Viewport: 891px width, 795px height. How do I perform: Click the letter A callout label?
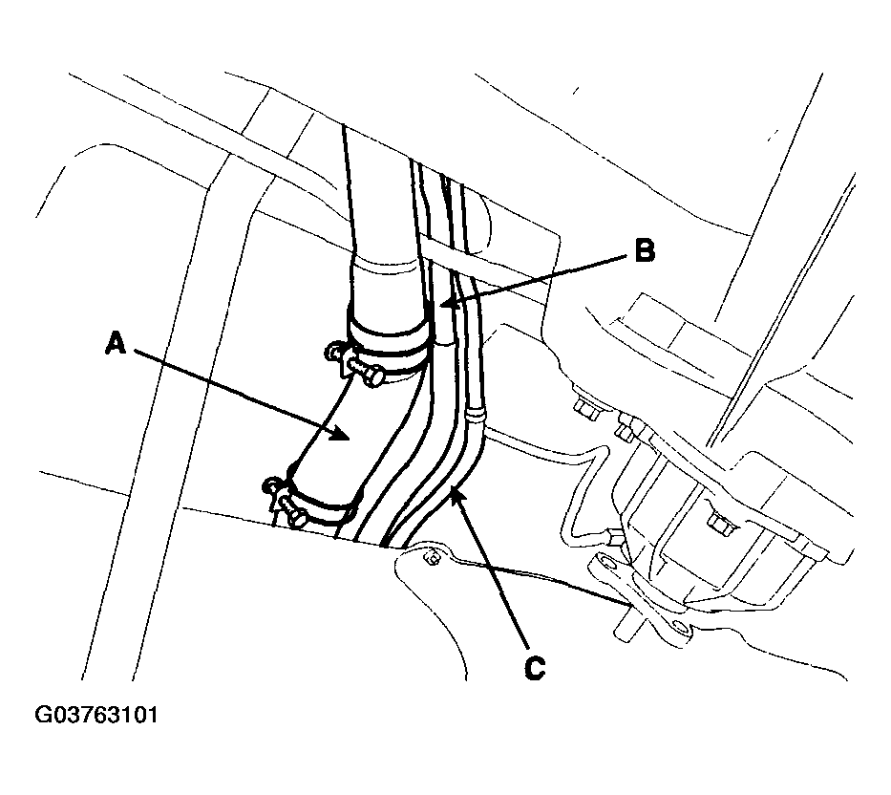pos(116,344)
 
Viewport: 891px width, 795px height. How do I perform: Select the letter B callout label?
pos(644,250)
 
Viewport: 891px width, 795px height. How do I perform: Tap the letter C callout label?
pos(534,668)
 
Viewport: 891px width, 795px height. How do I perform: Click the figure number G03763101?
pos(96,715)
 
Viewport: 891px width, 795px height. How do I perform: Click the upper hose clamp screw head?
pos(372,376)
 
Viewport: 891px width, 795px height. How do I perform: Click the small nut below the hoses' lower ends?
pos(433,559)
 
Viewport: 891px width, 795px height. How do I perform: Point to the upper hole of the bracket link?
pos(607,563)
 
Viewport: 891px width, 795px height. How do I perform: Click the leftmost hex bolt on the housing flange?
pos(584,408)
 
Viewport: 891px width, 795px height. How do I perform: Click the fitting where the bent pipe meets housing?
pos(615,536)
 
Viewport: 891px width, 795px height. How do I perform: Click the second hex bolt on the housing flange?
pos(626,433)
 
